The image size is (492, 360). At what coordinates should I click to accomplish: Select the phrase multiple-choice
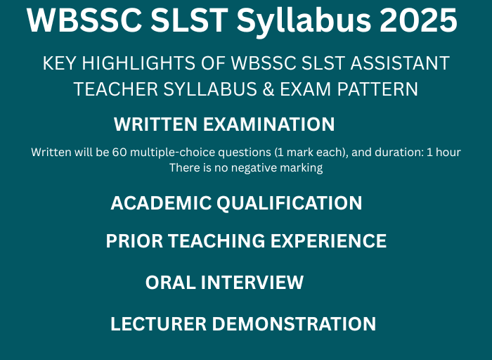pyautogui.click(x=163, y=153)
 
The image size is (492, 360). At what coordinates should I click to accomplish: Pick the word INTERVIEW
pyautogui.click(x=252, y=283)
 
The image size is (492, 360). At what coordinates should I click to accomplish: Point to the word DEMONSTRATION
pyautogui.click(x=294, y=324)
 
